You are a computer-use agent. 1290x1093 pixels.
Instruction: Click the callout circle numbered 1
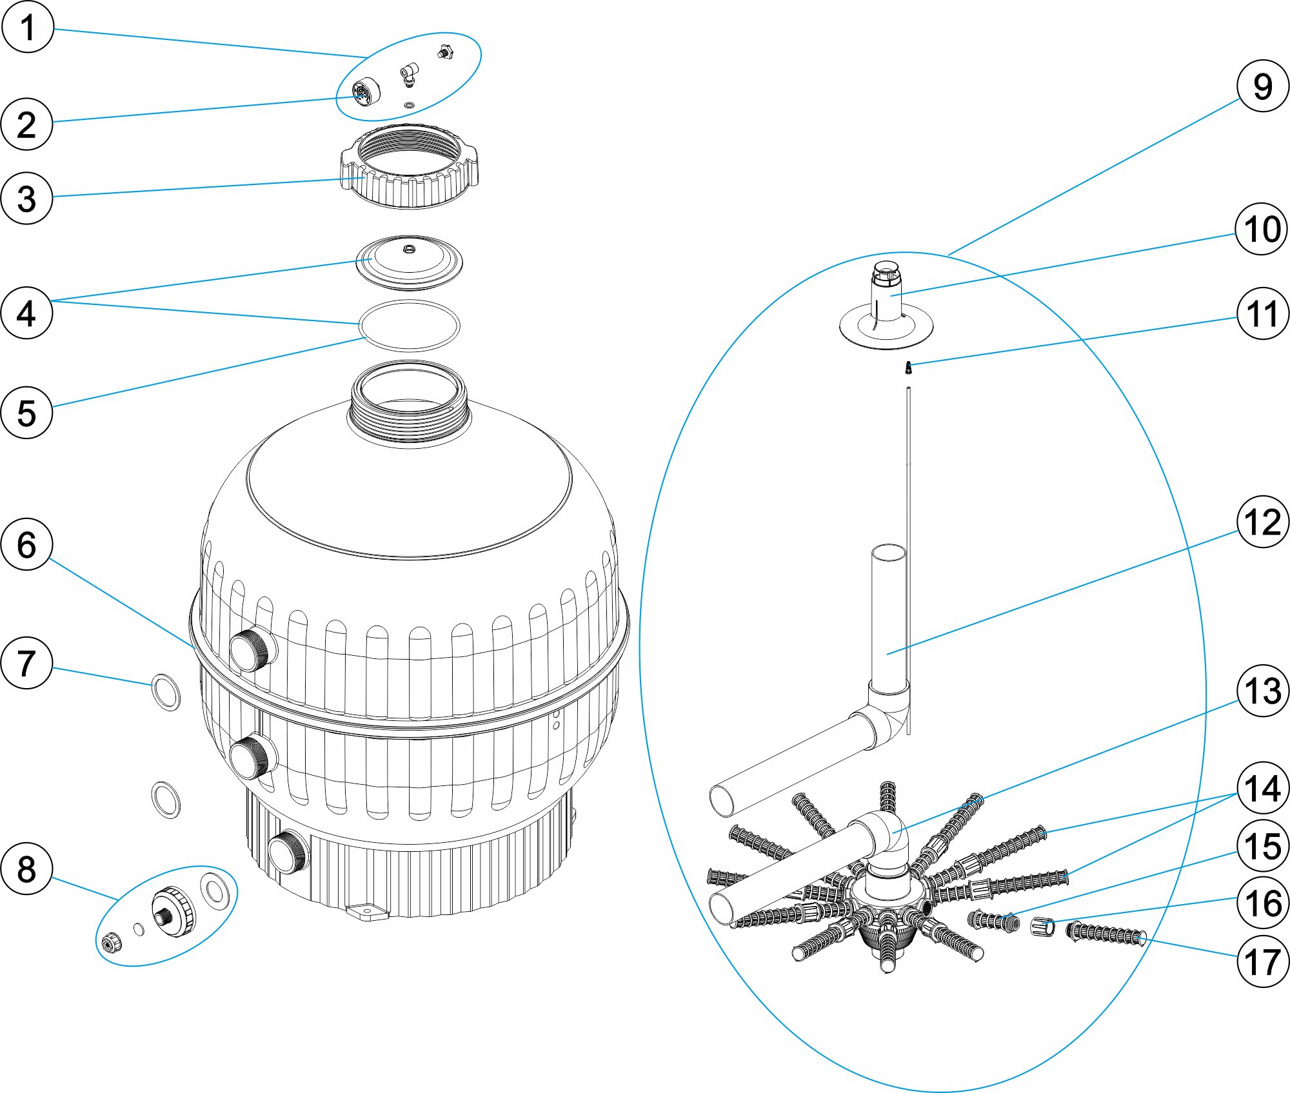(x=27, y=27)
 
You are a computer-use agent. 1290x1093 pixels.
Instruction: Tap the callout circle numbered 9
(x=1262, y=86)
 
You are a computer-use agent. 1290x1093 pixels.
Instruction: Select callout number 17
(x=1262, y=961)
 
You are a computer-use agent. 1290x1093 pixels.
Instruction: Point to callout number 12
(x=1262, y=522)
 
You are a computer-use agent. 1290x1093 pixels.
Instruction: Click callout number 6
(x=27, y=544)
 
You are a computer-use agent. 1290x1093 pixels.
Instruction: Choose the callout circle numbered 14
(x=1262, y=788)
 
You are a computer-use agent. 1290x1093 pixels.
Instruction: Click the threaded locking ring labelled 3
(x=410, y=166)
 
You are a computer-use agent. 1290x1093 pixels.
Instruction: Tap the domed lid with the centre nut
(x=410, y=262)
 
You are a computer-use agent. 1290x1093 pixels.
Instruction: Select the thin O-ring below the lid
(x=410, y=326)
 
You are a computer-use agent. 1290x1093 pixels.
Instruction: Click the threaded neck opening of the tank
(x=408, y=403)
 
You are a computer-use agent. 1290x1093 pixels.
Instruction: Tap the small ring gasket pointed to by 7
(x=166, y=692)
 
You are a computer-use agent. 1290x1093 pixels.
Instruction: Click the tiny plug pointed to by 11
(x=908, y=368)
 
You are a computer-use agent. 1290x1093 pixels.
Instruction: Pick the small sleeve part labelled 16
(x=1042, y=927)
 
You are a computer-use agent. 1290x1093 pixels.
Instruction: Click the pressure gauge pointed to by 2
(x=366, y=92)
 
